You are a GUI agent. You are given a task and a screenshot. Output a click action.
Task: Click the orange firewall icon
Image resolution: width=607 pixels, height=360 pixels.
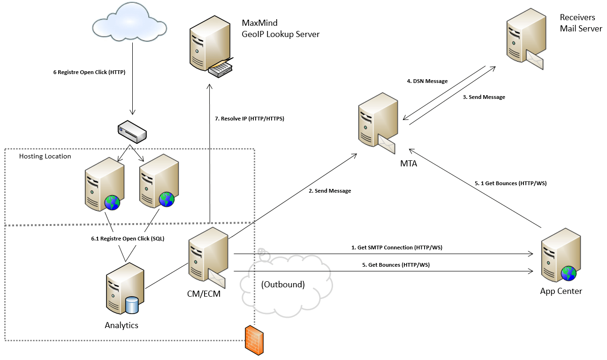point(253,338)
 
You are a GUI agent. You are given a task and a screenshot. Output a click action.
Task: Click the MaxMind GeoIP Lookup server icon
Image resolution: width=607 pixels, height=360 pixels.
point(210,47)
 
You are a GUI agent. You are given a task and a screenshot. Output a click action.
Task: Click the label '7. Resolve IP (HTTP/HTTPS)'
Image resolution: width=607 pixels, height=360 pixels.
point(250,119)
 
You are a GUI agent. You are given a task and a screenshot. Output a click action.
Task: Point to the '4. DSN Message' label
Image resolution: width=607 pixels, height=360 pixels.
point(427,81)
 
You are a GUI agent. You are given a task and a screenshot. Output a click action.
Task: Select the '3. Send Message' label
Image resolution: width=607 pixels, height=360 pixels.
point(484,97)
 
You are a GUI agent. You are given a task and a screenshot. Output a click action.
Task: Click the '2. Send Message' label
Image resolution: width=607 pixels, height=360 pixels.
point(329,191)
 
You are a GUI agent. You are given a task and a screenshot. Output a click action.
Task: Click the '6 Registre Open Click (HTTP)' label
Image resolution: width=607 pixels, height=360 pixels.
point(89,73)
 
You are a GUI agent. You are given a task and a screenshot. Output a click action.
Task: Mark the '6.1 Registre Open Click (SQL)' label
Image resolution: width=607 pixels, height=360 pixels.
point(128,239)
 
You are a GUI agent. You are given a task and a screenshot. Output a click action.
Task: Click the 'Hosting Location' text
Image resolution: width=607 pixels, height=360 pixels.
point(45,156)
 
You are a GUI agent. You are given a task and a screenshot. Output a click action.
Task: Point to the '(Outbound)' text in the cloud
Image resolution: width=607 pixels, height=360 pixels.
point(283,285)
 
